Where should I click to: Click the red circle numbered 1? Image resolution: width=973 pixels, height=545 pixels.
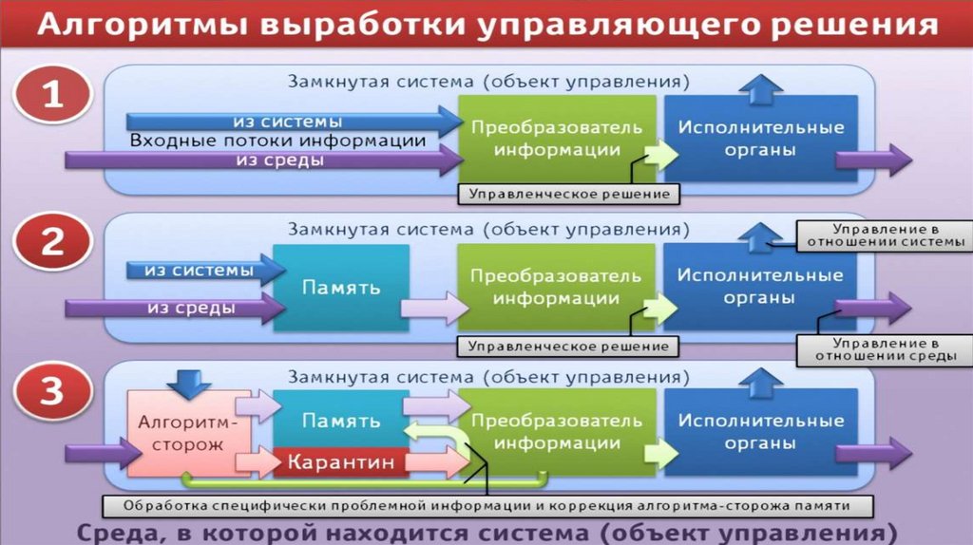52,98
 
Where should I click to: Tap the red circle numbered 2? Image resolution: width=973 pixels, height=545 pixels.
52,243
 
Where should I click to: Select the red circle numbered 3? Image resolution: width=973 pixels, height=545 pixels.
52,391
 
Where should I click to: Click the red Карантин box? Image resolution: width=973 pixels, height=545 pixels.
338,462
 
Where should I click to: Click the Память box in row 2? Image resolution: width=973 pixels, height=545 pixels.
341,287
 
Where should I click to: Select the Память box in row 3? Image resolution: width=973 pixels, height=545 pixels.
341,420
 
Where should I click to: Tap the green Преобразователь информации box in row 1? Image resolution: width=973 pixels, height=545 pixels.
557,139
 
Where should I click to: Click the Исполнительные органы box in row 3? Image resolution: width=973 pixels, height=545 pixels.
760,432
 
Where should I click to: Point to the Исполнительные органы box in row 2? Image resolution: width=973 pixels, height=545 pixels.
760,287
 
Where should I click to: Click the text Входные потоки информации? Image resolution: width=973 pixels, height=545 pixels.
277,141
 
